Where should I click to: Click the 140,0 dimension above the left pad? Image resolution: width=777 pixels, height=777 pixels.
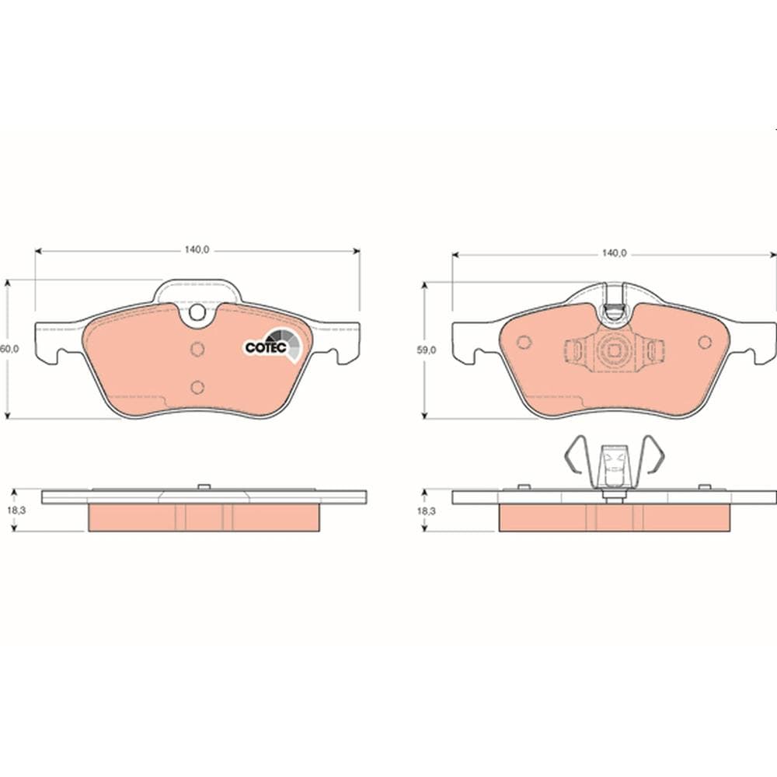[197, 250]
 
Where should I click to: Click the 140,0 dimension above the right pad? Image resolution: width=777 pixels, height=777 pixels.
[614, 253]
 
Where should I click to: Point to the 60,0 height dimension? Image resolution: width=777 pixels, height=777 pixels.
[9, 350]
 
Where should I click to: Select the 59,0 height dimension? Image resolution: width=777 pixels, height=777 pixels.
[427, 350]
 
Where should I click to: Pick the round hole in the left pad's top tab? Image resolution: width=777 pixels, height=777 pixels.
[197, 312]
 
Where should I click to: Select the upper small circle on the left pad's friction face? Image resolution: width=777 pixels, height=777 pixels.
[197, 349]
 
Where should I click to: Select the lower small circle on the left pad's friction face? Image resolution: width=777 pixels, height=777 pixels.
[197, 386]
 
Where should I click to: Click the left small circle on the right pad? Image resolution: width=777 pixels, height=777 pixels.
[523, 343]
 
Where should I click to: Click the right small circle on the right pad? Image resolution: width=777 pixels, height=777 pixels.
[705, 343]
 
